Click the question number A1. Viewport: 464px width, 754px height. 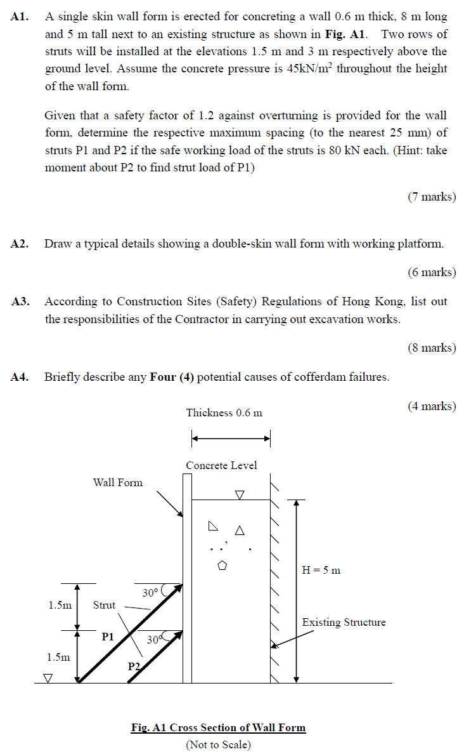[20, 18]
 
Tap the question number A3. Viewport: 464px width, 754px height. [20, 302]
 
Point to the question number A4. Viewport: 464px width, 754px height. [20, 378]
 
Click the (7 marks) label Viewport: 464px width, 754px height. [431, 197]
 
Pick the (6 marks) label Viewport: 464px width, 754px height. [431, 272]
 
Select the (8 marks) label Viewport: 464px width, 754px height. [431, 348]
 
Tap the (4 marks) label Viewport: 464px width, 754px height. [431, 406]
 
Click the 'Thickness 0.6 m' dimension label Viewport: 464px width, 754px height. [224, 413]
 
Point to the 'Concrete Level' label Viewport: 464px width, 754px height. [221, 466]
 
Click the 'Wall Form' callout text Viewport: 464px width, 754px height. [118, 482]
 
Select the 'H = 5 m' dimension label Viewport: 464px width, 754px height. [321, 570]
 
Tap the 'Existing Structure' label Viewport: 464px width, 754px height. [344, 623]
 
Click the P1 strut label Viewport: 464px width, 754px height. [108, 637]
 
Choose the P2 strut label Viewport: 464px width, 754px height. [134, 666]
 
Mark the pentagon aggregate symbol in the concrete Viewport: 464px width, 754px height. [222, 565]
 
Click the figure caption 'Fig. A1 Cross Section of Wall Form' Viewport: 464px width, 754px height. [218, 728]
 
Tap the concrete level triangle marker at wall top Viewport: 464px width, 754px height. [239, 494]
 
